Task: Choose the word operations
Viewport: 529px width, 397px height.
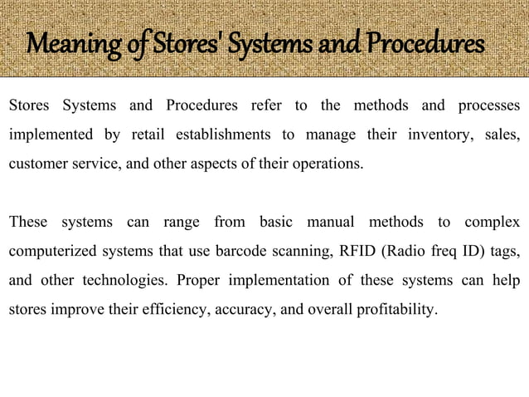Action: tap(327, 163)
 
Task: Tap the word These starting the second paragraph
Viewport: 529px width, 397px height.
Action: tap(28, 223)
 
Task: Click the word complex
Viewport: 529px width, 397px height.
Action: tap(493, 223)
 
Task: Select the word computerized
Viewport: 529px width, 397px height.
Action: tap(51, 252)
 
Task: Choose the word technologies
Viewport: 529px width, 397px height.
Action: tap(119, 281)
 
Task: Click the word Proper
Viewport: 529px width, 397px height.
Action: tap(196, 281)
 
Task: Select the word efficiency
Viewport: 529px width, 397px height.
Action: tap(176, 311)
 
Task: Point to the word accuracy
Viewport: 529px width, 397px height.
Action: tap(241, 311)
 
